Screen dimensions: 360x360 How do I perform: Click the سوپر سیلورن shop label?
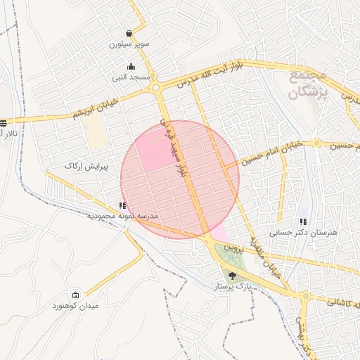[129, 44]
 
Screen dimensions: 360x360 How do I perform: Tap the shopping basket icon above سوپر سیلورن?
[129, 33]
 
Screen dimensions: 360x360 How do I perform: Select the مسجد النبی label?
[131, 77]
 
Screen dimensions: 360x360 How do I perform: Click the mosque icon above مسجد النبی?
[131, 67]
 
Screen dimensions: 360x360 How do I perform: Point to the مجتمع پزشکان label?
[307, 83]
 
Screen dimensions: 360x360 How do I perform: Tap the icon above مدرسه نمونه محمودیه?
[122, 205]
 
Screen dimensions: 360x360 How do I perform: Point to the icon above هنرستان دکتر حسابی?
[302, 221]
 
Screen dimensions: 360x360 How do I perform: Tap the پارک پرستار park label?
[234, 288]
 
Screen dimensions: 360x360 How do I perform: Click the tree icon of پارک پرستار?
[233, 276]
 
